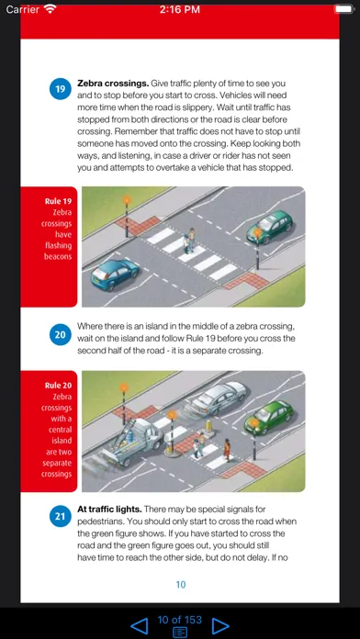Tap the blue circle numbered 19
click(x=61, y=89)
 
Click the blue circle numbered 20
click(x=61, y=335)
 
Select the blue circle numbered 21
click(x=61, y=516)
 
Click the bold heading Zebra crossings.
click(x=113, y=84)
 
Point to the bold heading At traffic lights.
click(x=109, y=510)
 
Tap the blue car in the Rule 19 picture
click(x=115, y=275)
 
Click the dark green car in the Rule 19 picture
click(x=269, y=226)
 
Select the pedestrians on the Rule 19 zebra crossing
click(x=189, y=241)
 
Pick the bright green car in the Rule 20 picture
click(x=269, y=417)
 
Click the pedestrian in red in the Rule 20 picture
click(x=227, y=450)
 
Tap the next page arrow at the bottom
click(x=220, y=626)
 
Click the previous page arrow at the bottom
click(x=139, y=626)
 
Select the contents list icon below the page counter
click(x=180, y=632)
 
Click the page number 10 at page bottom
click(x=181, y=585)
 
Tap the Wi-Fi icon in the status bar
click(x=51, y=9)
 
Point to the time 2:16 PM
click(x=180, y=9)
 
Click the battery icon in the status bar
click(x=344, y=9)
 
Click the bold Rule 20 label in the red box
click(x=58, y=385)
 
